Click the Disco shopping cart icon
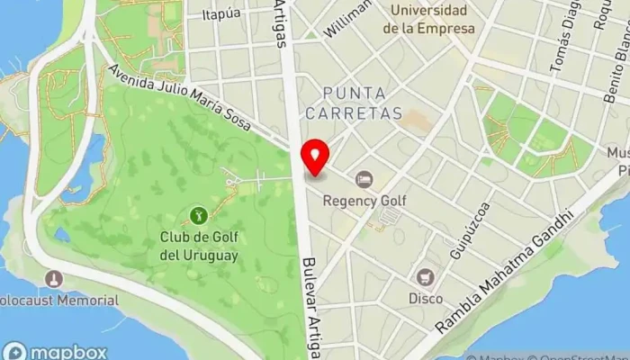point(425,278)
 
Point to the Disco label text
point(425,298)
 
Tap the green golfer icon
point(198,215)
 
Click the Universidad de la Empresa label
point(428,20)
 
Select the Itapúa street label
point(221,13)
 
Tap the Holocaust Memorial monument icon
point(54,279)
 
